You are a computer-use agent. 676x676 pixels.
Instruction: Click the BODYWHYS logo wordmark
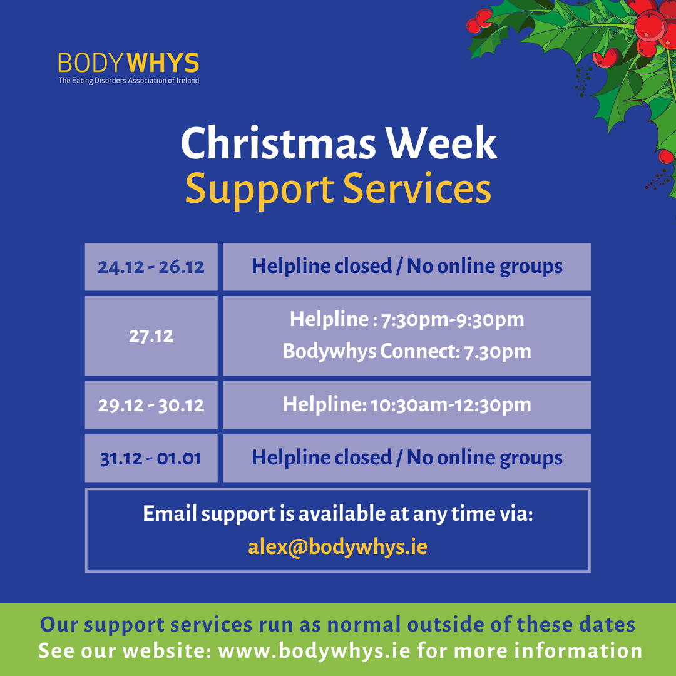point(128,63)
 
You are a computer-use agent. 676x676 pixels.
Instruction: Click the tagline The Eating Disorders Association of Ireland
point(128,80)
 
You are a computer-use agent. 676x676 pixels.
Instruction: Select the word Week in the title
point(441,143)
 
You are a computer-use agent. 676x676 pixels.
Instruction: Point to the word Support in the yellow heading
point(259,190)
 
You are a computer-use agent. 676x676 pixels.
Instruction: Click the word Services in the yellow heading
point(417,188)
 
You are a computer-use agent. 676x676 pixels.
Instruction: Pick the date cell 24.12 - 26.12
point(151,267)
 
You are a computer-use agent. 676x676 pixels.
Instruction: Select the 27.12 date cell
point(151,336)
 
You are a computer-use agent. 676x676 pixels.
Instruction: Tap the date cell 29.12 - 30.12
point(151,405)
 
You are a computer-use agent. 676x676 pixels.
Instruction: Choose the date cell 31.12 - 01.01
point(151,458)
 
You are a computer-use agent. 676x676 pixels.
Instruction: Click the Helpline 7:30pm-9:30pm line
point(407,320)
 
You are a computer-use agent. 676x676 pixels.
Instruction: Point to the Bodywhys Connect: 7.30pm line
point(407,351)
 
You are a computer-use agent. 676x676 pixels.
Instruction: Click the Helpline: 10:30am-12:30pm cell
point(407,405)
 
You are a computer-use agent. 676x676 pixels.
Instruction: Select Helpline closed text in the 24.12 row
point(322,266)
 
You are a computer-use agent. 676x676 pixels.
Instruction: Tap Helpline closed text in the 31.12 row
point(322,458)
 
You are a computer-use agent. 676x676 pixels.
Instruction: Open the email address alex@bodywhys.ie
point(337,547)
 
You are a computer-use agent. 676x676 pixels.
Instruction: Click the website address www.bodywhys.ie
point(314,650)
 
